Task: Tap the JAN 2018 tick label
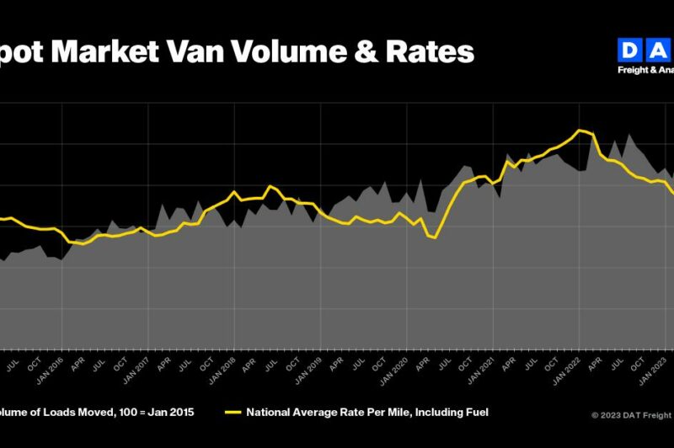click(227, 371)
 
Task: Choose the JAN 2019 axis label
click(314, 371)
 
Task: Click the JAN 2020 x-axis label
click(401, 371)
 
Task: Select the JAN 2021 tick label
click(488, 371)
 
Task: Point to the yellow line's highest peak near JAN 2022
click(580, 130)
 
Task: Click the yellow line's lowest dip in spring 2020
click(435, 238)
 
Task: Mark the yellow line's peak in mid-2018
click(270, 186)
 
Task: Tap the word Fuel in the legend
click(476, 413)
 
